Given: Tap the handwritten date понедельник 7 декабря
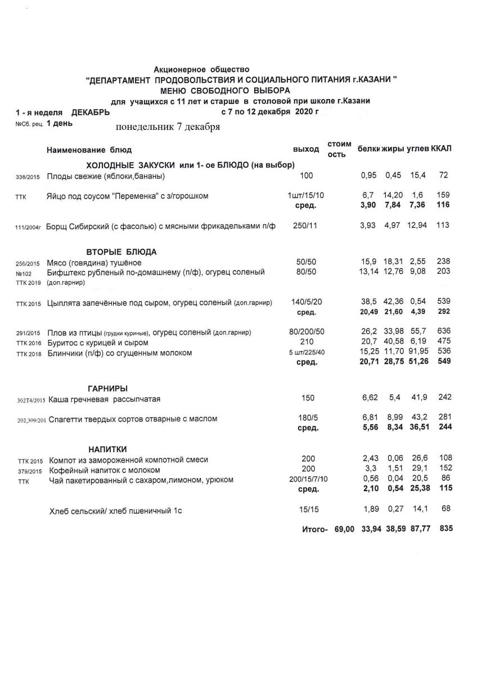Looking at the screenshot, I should pyautogui.click(x=168, y=127).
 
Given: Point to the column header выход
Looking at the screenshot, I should pyautogui.click(x=306, y=150).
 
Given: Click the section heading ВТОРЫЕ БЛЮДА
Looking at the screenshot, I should pyautogui.click(x=121, y=251).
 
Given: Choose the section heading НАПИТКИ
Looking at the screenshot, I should pyautogui.click(x=107, y=449).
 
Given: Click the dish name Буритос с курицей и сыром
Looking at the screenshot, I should pyautogui.click(x=98, y=343).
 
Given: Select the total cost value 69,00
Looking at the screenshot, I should pyautogui.click(x=344, y=529).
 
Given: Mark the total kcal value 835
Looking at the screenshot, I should pyautogui.click(x=445, y=529).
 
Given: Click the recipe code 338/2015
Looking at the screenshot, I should pyautogui.click(x=28, y=177).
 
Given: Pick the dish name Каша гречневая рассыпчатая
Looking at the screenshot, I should pyautogui.click(x=105, y=399).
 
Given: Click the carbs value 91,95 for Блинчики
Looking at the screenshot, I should pyautogui.click(x=419, y=353).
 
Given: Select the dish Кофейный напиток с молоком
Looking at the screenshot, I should pyautogui.click(x=105, y=470).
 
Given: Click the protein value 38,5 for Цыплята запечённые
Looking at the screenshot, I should pyautogui.click(x=368, y=302).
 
